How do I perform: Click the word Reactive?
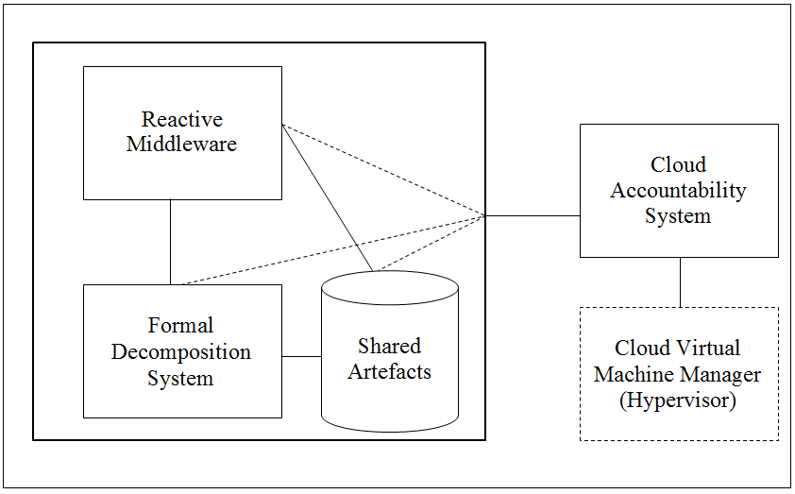(182, 120)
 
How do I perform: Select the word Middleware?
(182, 145)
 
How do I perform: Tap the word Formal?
(181, 326)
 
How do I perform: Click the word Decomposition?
(181, 352)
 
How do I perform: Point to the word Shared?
(389, 346)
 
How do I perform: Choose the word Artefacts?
(389, 371)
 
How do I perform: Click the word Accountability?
(678, 190)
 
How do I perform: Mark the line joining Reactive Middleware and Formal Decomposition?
(171, 242)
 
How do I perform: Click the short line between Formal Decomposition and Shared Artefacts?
(301, 356)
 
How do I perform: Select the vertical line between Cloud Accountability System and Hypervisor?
(680, 281)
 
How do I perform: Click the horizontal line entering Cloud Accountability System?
(533, 215)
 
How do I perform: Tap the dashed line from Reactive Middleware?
(382, 170)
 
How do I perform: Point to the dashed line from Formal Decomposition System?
(330, 250)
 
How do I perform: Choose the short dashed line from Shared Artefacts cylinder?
(430, 244)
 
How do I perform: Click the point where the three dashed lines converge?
(484, 215)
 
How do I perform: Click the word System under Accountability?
(678, 216)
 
